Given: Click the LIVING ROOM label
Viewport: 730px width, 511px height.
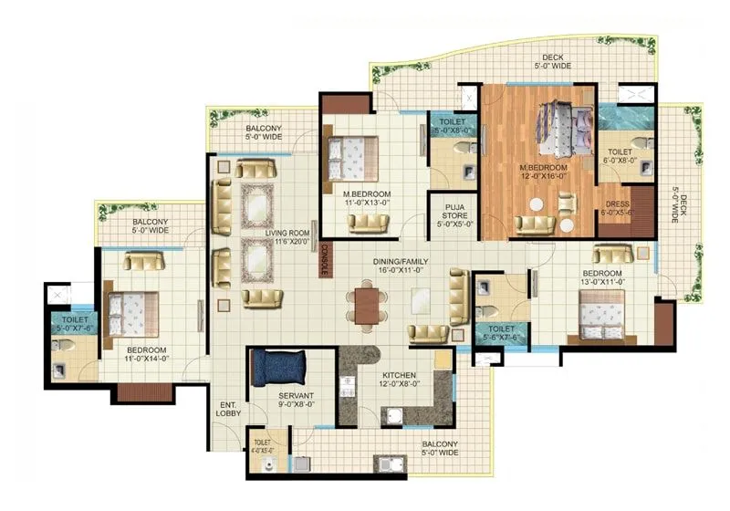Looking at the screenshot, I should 288,234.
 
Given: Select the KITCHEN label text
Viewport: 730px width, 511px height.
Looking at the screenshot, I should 400,375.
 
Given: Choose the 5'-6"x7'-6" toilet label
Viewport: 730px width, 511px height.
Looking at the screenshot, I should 500,333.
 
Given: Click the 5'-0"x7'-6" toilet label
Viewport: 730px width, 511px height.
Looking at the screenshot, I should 75,324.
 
